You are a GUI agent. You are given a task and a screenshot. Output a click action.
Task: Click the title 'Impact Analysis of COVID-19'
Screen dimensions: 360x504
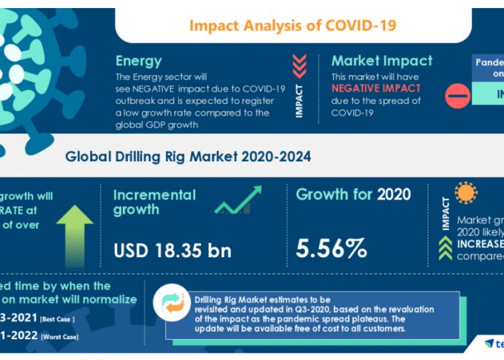(292, 26)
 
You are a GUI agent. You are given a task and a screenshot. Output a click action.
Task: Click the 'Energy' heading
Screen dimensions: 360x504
(138, 60)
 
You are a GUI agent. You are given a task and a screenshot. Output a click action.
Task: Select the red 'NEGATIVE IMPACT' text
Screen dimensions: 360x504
(376, 89)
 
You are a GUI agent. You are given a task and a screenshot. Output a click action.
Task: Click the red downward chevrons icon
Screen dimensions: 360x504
(300, 66)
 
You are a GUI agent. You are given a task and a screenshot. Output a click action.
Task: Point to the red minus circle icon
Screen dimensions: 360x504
(458, 96)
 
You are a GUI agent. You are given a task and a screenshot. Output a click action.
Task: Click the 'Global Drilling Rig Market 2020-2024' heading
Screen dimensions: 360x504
(188, 157)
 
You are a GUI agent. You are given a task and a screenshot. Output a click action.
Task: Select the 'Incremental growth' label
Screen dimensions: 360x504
(155, 202)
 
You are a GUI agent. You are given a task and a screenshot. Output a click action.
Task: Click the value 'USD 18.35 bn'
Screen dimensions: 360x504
(172, 251)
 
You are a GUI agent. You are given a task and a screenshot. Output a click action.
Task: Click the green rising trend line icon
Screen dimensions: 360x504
(239, 201)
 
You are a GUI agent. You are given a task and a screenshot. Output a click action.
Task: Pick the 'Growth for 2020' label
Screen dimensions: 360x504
(353, 195)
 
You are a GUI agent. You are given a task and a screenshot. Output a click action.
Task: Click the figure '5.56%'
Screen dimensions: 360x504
(332, 249)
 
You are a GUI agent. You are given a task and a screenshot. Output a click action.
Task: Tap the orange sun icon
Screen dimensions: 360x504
(466, 193)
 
